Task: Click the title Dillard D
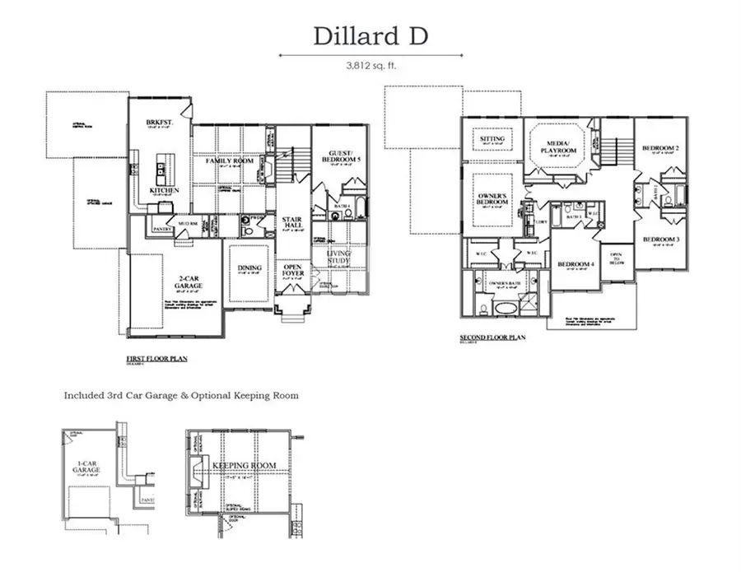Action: [370, 36]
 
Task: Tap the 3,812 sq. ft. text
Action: [370, 65]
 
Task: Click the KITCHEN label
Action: [164, 190]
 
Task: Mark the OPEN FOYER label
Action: [292, 270]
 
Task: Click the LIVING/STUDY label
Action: [338, 258]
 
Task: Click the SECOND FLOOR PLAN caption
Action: [492, 337]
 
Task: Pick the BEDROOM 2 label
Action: [659, 148]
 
